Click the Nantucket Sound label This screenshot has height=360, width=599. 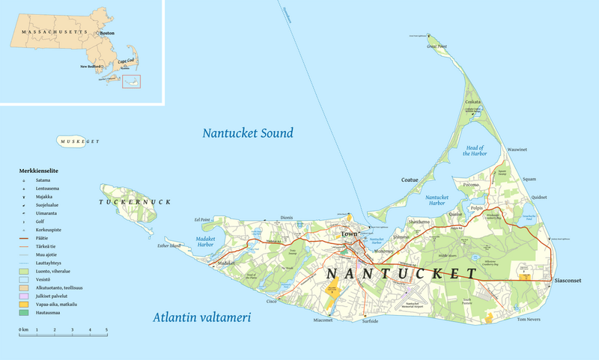click(248, 133)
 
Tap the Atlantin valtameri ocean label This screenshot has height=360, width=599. click(201, 317)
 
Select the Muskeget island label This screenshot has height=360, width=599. click(78, 141)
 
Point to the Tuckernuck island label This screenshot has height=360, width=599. click(135, 202)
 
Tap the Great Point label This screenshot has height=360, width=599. click(437, 46)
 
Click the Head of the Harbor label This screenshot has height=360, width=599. click(475, 150)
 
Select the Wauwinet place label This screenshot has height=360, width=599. click(517, 150)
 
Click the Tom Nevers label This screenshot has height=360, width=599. click(529, 320)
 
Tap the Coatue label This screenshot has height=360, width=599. click(410, 180)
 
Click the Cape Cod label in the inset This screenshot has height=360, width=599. click(128, 60)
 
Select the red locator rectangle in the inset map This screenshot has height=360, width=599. click(132, 79)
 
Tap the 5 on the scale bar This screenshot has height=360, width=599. click(106, 329)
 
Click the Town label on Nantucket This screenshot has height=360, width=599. click(350, 234)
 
